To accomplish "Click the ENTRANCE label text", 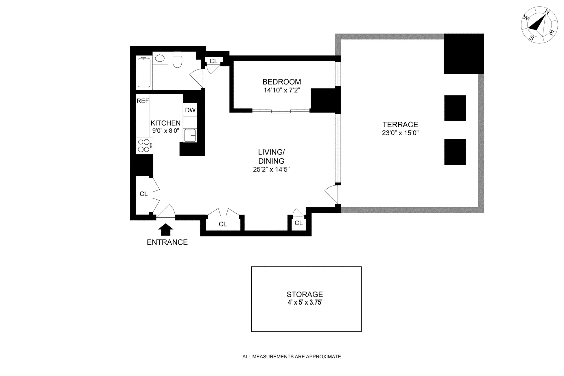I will [167, 242].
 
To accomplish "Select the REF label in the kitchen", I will [143, 101].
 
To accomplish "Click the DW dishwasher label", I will [190, 110].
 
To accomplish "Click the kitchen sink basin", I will [190, 135].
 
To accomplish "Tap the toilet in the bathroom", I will [177, 60].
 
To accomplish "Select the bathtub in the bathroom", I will [144, 72].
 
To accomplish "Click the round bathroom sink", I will [159, 58].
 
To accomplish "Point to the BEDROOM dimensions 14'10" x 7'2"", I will [282, 90].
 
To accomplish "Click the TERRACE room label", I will [400, 125].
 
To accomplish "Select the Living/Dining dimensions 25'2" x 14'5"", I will [271, 169].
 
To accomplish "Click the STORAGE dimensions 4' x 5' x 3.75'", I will [305, 303].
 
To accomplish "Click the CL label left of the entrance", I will [144, 194].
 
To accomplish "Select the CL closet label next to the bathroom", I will [213, 61].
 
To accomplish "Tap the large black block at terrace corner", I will [464, 54].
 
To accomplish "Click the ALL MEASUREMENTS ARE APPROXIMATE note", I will [292, 357].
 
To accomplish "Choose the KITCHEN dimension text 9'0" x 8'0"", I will [166, 131].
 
